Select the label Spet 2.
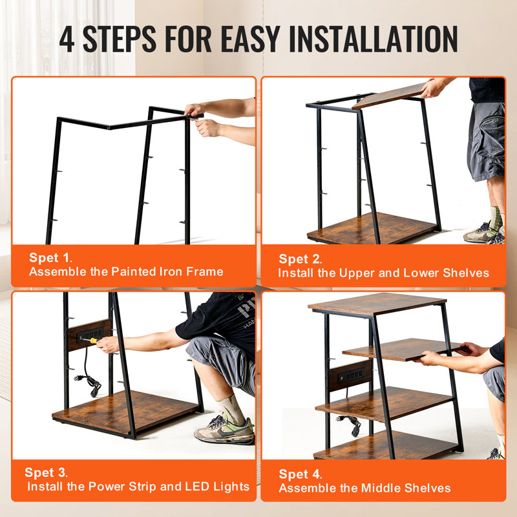(x=299, y=259)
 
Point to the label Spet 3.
(x=46, y=472)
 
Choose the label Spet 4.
(x=299, y=474)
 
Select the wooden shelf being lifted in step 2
(x=389, y=95)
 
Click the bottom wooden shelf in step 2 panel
(x=372, y=227)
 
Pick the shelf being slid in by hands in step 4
(x=401, y=348)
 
